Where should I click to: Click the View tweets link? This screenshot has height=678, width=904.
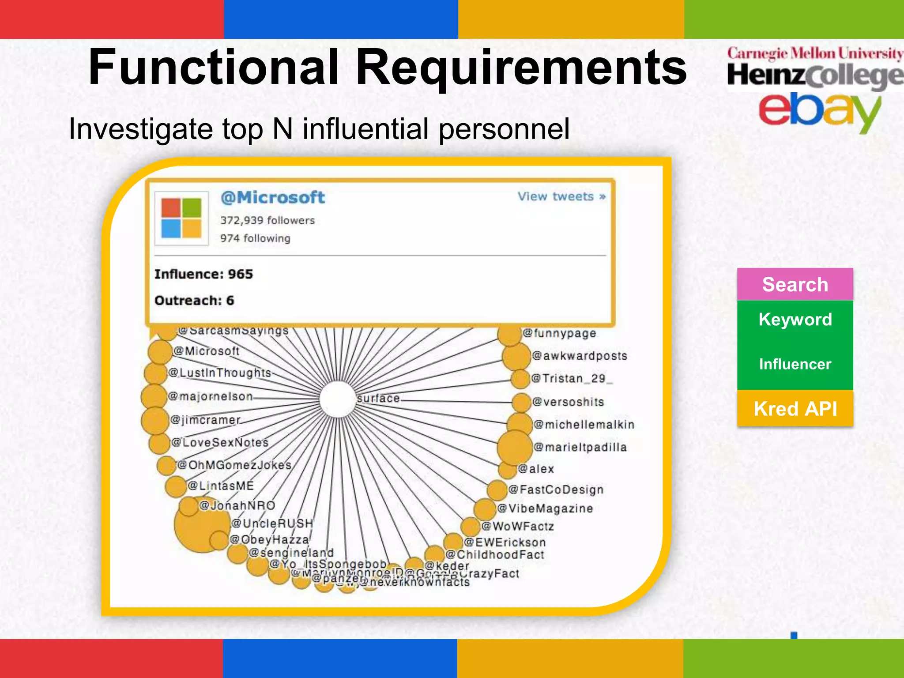[x=561, y=196]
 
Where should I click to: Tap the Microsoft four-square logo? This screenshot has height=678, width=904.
[x=181, y=218]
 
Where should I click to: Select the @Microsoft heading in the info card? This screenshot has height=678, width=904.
[x=272, y=197]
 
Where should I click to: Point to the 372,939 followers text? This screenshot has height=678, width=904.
[x=267, y=220]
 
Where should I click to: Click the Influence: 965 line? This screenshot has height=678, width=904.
[x=203, y=274]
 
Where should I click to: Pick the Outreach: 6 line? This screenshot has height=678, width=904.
[x=194, y=301]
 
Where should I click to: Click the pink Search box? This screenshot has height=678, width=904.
[x=795, y=284]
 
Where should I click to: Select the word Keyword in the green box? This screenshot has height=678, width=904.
[x=795, y=319]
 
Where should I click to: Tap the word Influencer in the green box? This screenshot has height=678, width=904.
[x=795, y=364]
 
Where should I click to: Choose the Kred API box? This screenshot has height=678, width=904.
[x=795, y=409]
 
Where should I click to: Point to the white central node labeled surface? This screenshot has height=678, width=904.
[x=338, y=399]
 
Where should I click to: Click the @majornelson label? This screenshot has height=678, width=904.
[x=211, y=396]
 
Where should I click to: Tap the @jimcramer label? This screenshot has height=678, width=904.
[x=206, y=420]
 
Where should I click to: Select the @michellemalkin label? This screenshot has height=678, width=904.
[x=584, y=425]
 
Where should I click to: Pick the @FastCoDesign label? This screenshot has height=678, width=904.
[x=556, y=490]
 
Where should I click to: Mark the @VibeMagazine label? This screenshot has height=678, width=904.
[x=545, y=508]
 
